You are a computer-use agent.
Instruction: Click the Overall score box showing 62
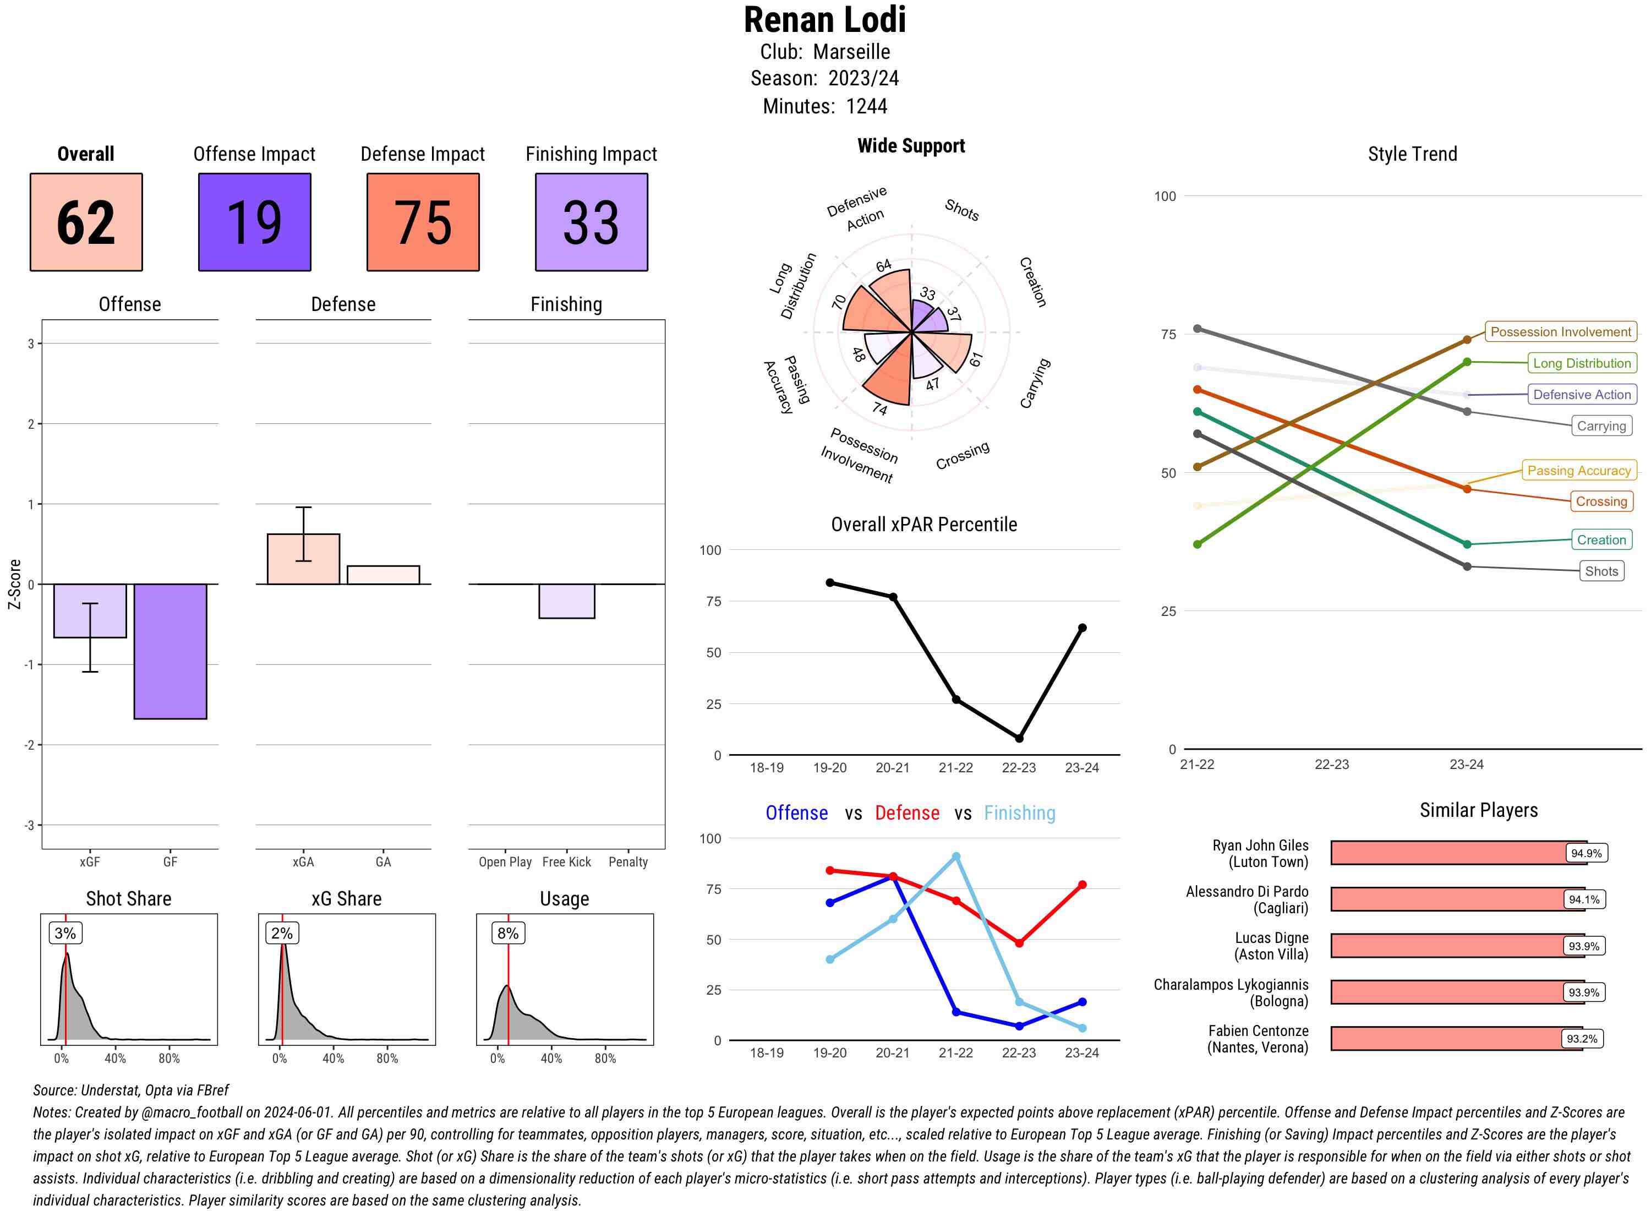[86, 222]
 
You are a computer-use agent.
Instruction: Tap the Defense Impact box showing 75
[423, 222]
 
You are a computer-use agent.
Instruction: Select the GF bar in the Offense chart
[170, 651]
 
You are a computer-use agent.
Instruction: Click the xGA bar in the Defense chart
[303, 559]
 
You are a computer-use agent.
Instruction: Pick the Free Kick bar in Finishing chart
[566, 601]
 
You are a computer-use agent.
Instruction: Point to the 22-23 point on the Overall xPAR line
[1019, 738]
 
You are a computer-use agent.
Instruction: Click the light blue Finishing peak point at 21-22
[955, 856]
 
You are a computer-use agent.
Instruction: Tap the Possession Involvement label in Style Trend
[1560, 332]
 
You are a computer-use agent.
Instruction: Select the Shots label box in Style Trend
[1601, 571]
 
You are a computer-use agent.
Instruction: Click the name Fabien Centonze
[1258, 1030]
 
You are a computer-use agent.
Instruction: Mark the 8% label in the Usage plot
[508, 933]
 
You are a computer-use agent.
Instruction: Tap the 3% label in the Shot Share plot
[65, 933]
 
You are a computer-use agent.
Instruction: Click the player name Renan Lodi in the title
[824, 20]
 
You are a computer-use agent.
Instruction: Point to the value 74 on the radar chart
[879, 409]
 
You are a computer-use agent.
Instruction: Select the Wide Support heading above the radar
[911, 146]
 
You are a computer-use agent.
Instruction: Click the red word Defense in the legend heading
[906, 813]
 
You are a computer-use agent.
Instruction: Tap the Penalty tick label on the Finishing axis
[628, 862]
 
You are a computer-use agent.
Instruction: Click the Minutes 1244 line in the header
[824, 106]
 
